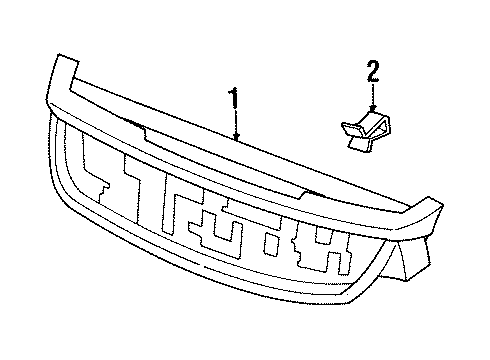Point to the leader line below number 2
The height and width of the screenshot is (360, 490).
(372, 94)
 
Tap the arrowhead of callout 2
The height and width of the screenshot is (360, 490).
(372, 107)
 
